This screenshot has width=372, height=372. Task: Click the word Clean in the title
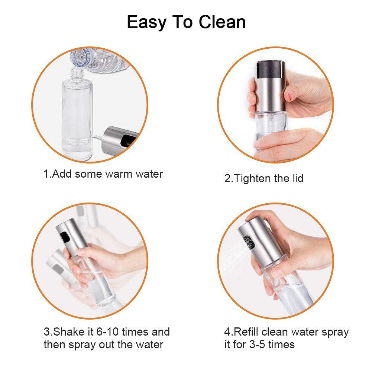coord(221,22)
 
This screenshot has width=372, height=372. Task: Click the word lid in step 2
coord(295,178)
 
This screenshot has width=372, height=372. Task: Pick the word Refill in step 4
coord(248,331)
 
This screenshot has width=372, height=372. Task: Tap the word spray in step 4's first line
coord(334,332)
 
